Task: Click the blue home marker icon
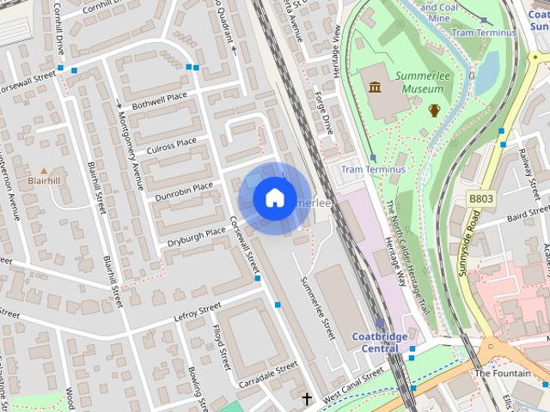click(x=274, y=198)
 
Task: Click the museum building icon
click(x=375, y=87)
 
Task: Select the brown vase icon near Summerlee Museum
click(x=435, y=110)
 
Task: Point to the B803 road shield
click(x=481, y=198)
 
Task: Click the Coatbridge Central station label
click(x=380, y=342)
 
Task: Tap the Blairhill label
click(x=44, y=181)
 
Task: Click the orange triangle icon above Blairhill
click(x=44, y=171)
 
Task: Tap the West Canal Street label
click(x=354, y=382)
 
